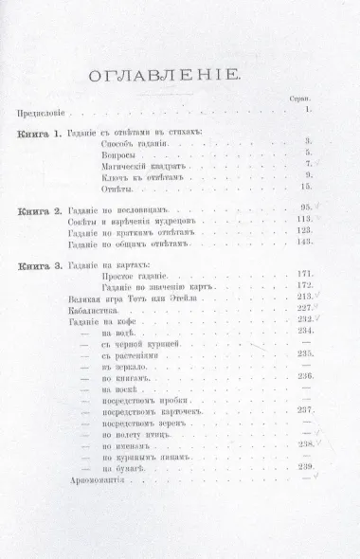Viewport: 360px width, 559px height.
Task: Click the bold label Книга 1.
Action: tap(39, 135)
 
